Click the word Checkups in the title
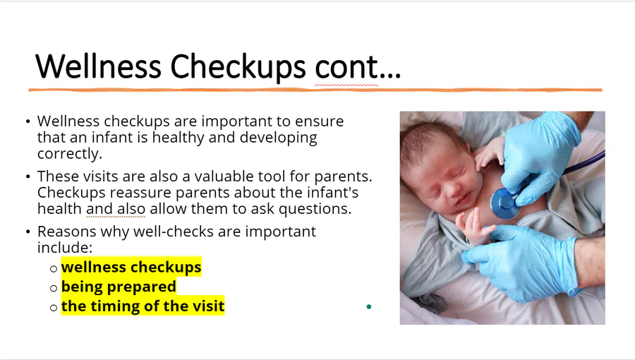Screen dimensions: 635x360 coord(238,67)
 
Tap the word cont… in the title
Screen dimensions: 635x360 coord(358,67)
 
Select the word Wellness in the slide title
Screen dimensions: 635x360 coord(98,66)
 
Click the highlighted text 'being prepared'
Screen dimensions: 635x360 coord(119,287)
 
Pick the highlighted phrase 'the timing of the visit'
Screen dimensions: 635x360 coord(143,306)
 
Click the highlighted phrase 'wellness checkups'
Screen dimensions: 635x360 coord(131,267)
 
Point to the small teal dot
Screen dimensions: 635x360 coord(368,306)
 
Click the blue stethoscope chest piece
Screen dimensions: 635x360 coord(505,203)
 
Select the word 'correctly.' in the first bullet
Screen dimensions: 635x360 coord(70,154)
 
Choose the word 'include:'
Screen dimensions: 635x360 coord(65,248)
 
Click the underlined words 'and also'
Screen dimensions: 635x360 coord(116,209)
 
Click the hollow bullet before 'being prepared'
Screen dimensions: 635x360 coord(54,288)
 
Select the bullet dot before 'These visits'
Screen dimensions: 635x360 coord(28,176)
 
